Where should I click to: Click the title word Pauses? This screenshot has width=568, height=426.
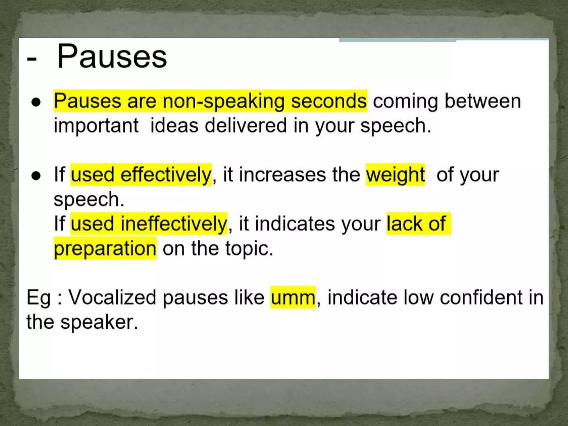[112, 57]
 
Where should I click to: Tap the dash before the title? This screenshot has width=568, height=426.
[32, 59]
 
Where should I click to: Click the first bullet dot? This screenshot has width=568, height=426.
[36, 102]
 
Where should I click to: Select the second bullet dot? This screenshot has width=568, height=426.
[36, 176]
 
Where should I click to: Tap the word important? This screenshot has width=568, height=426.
[96, 126]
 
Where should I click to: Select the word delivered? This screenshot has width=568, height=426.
[246, 126]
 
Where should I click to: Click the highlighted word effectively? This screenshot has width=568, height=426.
[166, 175]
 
